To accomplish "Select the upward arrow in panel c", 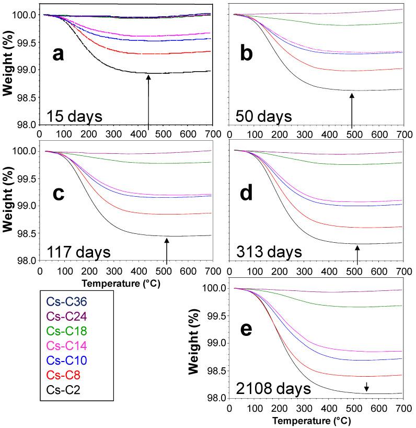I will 167,251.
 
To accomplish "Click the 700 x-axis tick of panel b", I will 402,134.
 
